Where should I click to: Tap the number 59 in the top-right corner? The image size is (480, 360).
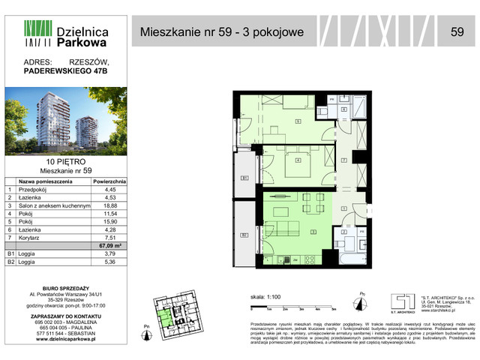(456, 31)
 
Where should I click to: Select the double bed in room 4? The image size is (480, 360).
(298, 160)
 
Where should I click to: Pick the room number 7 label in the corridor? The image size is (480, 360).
(343, 160)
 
